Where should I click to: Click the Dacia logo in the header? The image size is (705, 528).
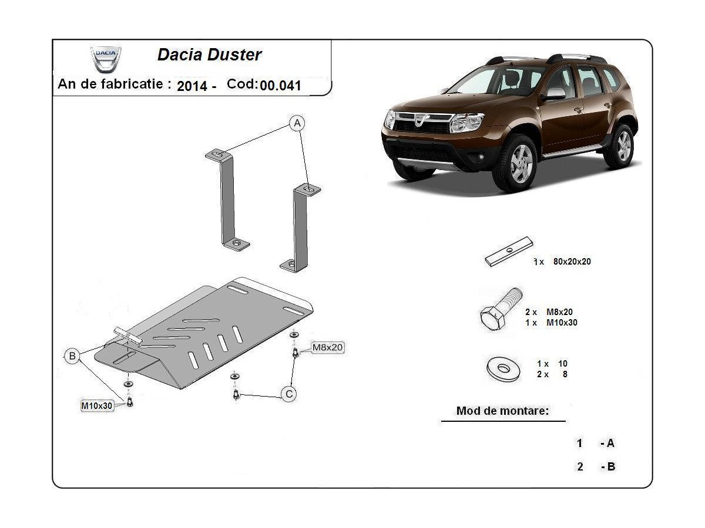tap(106, 59)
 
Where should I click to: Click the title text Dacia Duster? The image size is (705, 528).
tap(209, 55)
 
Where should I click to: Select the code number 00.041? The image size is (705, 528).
tap(281, 86)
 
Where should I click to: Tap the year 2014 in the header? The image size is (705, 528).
tap(192, 86)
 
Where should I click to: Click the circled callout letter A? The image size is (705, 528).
tap(298, 123)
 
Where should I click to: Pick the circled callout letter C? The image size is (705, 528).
tap(289, 394)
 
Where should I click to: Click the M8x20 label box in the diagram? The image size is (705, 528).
tap(327, 347)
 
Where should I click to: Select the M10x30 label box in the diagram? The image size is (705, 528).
tap(96, 405)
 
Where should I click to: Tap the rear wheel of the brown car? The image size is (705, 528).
tap(621, 145)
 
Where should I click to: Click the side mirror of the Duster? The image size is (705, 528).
tap(554, 94)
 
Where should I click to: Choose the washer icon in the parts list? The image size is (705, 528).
tap(503, 369)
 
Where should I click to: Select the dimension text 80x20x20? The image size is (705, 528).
tap(572, 262)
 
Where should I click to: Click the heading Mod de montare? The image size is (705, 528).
tap(502, 411)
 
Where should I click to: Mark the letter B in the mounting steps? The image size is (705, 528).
tap(610, 467)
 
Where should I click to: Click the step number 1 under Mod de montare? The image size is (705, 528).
tap(580, 444)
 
